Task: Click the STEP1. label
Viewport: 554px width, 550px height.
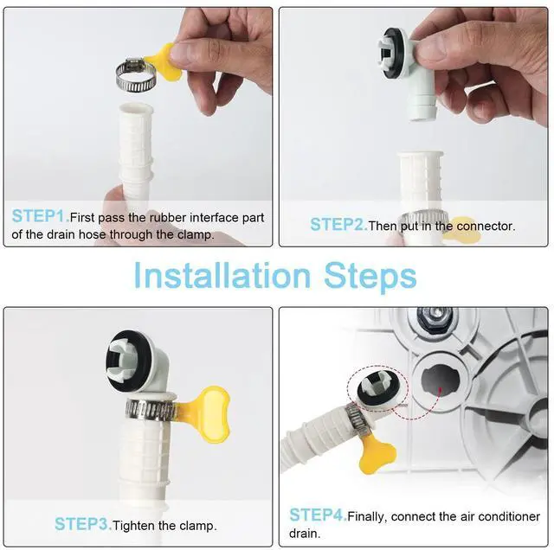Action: coord(41,216)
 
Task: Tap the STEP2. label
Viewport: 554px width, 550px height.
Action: coord(338,225)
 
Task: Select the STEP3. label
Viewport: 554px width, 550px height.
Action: coord(83,524)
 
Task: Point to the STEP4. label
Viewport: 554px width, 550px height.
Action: coord(318,515)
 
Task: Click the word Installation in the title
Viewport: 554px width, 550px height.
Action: coord(222,276)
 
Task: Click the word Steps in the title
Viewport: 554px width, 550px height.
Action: coord(370,277)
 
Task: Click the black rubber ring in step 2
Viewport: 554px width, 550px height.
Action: coord(392,49)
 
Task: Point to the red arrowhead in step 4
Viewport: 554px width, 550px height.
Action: coord(441,390)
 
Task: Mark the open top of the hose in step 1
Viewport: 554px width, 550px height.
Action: coord(137,107)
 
